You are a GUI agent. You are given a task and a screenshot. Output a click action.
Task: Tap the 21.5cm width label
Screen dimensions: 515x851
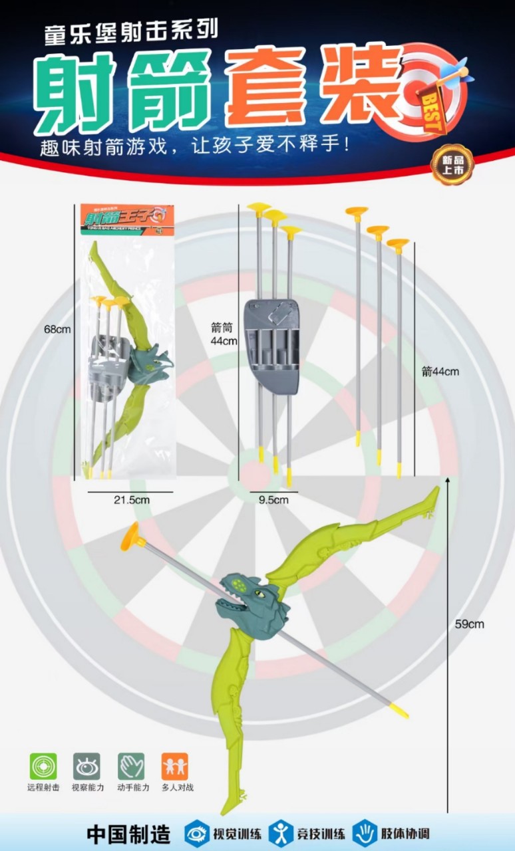pyautogui.click(x=130, y=499)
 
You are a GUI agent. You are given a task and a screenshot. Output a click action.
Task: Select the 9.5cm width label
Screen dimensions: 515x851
pyautogui.click(x=273, y=499)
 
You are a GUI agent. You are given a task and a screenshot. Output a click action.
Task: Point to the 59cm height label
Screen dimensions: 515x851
pyautogui.click(x=469, y=624)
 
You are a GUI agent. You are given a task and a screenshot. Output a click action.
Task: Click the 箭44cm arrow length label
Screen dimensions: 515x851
pyautogui.click(x=440, y=372)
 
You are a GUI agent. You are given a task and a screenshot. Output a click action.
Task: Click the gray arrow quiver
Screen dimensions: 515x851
pyautogui.click(x=269, y=345)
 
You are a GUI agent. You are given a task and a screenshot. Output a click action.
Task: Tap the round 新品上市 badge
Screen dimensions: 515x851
pyautogui.click(x=452, y=165)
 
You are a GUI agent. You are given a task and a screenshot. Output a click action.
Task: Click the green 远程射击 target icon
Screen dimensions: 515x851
pyautogui.click(x=43, y=766)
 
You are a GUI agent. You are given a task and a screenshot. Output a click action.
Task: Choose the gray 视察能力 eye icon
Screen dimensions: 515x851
pyautogui.click(x=87, y=766)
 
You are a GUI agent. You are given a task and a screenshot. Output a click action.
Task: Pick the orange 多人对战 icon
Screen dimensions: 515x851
pyautogui.click(x=175, y=766)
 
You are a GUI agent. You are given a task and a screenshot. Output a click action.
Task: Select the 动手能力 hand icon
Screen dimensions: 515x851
pyautogui.click(x=131, y=766)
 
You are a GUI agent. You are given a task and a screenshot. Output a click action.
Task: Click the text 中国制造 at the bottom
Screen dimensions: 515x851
pyautogui.click(x=128, y=834)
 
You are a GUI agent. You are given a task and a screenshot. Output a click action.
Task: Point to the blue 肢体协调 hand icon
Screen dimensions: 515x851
pyautogui.click(x=364, y=833)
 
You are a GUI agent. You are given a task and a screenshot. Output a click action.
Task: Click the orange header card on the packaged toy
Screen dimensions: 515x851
pyautogui.click(x=123, y=217)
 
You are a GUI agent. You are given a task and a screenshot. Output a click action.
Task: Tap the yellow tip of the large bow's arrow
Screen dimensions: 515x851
pyautogui.click(x=399, y=711)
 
